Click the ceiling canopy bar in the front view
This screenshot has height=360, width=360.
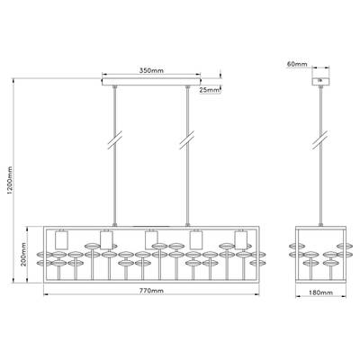[x=151, y=85]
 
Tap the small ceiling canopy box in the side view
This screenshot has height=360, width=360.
[x=321, y=82]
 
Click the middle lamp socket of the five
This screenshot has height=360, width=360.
[x=151, y=239]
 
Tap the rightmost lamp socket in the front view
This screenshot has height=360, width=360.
[x=238, y=239]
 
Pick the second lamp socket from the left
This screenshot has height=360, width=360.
[x=105, y=239]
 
